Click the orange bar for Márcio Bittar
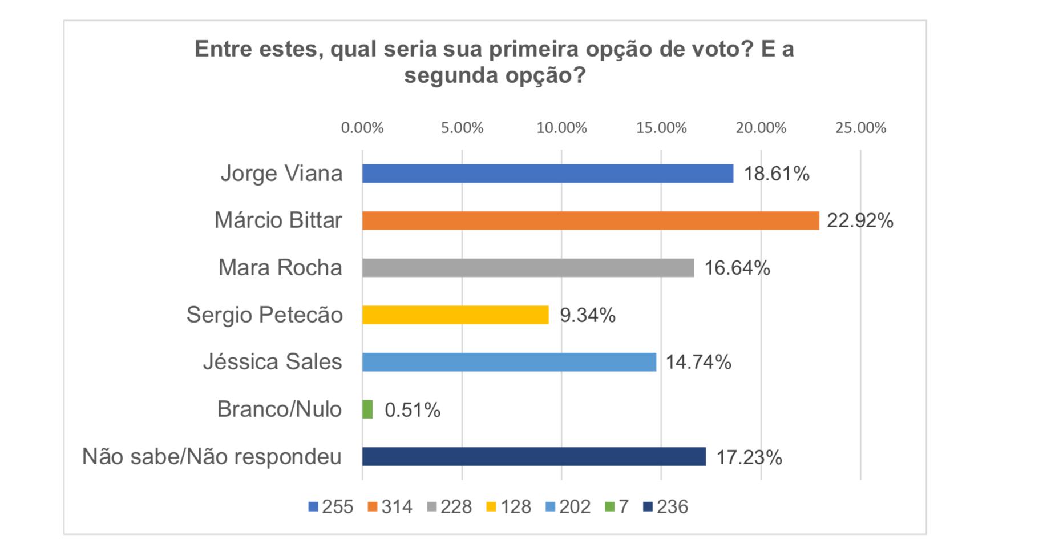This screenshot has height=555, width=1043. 590,220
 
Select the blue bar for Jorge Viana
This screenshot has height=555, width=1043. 547,174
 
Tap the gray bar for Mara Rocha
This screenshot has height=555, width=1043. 528,268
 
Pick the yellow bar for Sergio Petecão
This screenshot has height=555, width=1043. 455,315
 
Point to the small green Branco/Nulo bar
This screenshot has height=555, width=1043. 367,409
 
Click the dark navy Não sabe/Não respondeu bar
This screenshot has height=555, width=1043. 533,457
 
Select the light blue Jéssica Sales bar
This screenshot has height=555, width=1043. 509,362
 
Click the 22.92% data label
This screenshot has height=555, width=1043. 860,220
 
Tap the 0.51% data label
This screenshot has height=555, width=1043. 412,410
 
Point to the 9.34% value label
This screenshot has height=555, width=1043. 587,315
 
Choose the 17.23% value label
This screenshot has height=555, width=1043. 749,457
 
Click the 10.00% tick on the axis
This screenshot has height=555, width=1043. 561,128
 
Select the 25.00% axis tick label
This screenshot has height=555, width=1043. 860,128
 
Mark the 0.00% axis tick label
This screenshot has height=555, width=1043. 362,128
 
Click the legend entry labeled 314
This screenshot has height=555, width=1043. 390,507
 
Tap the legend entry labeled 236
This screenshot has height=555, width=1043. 666,507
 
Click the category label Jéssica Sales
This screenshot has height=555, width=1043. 273,362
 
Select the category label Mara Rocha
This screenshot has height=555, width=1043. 280,268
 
